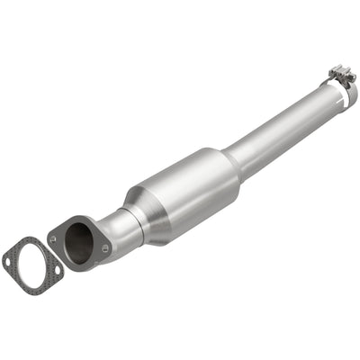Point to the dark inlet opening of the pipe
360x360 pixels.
pos(80,242)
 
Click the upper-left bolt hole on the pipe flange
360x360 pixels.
pos(53,240)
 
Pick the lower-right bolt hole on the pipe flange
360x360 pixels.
pos(106,248)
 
